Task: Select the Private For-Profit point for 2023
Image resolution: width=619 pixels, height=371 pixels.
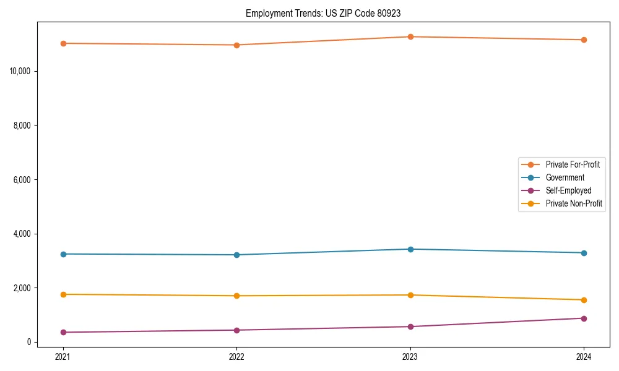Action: pyautogui.click(x=410, y=37)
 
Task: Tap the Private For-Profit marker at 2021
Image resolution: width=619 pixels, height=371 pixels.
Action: pyautogui.click(x=63, y=43)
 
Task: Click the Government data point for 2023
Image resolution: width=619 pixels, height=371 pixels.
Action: pyautogui.click(x=410, y=249)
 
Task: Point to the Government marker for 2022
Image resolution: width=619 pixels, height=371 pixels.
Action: pyautogui.click(x=236, y=255)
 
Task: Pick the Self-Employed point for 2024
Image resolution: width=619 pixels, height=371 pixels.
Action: pyautogui.click(x=584, y=318)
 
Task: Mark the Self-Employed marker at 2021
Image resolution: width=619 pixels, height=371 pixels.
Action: pyautogui.click(x=63, y=332)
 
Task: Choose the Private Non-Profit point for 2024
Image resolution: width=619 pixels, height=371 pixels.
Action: pyautogui.click(x=584, y=300)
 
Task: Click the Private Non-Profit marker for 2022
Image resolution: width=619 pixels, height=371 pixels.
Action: pyautogui.click(x=236, y=296)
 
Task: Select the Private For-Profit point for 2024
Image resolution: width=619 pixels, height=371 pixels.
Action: pyautogui.click(x=584, y=40)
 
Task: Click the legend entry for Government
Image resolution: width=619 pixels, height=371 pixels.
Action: pyautogui.click(x=565, y=177)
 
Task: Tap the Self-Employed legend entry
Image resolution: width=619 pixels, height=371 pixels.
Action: pyautogui.click(x=568, y=190)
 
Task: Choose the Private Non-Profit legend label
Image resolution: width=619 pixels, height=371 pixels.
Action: pyautogui.click(x=574, y=203)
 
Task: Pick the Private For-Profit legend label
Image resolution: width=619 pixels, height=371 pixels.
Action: pyautogui.click(x=573, y=164)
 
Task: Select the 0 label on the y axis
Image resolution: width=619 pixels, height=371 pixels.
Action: pyautogui.click(x=28, y=342)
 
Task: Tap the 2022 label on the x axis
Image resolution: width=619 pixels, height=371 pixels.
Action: pyautogui.click(x=236, y=357)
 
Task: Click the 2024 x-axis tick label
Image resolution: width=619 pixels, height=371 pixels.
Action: pyautogui.click(x=584, y=357)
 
